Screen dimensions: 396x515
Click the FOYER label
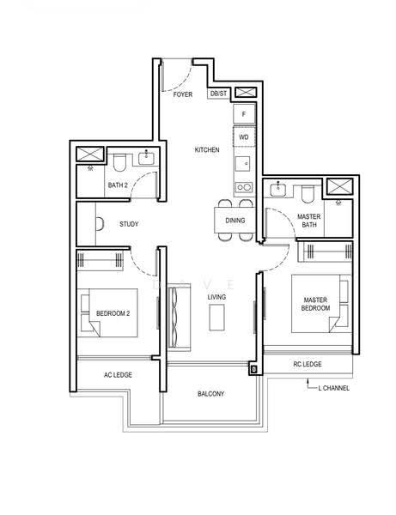point(183,94)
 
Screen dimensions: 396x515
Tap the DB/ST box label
point(218,94)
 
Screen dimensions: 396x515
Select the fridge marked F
point(244,114)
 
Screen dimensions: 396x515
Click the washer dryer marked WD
point(244,136)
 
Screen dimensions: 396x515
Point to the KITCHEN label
point(207,149)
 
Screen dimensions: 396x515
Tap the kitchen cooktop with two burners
point(244,187)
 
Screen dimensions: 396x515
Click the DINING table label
point(235,221)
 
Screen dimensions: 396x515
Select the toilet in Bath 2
point(119,162)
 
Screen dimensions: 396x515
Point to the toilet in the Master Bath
point(308,195)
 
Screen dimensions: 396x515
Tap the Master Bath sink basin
point(278,190)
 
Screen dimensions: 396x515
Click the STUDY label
point(129,224)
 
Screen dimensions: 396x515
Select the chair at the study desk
point(101,224)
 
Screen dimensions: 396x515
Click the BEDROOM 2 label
point(113,313)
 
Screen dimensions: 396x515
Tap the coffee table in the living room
point(216,318)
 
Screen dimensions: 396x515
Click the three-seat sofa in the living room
point(180,318)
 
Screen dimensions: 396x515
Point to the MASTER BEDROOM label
point(315,304)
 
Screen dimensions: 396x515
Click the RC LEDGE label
point(308,364)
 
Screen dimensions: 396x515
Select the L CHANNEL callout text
point(333,388)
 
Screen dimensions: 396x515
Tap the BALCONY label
point(211,393)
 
